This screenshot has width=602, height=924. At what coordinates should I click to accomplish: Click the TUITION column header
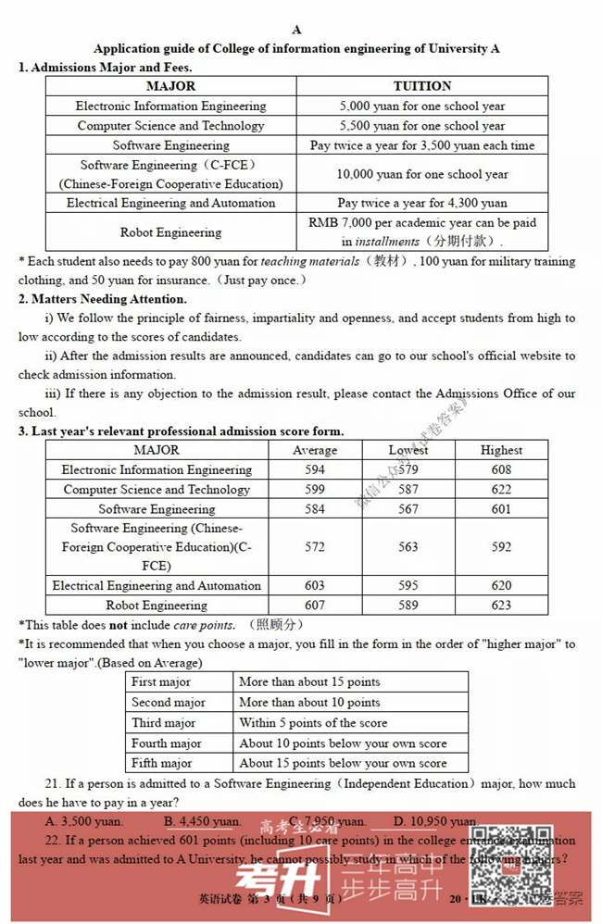421,86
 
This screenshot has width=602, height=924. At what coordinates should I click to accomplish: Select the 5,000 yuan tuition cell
421,106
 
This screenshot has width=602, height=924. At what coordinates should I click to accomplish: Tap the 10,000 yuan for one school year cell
421,174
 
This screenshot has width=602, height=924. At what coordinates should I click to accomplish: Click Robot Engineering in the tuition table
170,232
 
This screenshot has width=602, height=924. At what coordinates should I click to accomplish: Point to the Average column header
315,450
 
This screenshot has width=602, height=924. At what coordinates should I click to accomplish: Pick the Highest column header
501,450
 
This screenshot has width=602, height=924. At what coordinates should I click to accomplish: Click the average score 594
315,469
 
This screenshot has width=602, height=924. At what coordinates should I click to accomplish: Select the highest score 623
501,606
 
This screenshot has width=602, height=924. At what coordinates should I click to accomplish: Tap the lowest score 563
408,547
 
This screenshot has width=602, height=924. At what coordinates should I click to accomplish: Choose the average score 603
315,586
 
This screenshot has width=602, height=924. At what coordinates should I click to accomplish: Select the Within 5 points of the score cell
313,723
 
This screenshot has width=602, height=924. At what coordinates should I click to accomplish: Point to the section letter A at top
296,30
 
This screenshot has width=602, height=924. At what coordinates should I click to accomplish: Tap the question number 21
51,783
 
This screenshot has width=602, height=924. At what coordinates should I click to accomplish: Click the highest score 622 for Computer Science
501,490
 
